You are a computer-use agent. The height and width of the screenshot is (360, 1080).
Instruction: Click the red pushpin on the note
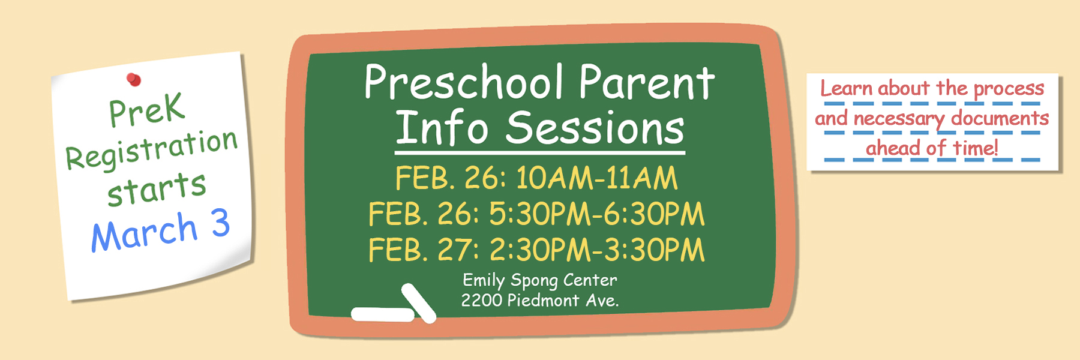(134, 79)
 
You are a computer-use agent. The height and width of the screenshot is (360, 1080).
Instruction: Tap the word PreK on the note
(146, 110)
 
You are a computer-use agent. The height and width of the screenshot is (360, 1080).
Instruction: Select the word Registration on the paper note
(151, 149)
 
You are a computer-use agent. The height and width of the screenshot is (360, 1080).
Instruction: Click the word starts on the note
(157, 188)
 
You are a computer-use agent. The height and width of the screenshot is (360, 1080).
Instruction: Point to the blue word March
(144, 233)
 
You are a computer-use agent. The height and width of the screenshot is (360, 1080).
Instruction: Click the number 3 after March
(221, 223)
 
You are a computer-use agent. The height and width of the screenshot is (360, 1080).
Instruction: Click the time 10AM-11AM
(596, 178)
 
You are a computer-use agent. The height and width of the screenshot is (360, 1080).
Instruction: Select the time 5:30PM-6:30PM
(596, 214)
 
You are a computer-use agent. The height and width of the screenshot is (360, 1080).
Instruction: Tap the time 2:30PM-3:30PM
(596, 250)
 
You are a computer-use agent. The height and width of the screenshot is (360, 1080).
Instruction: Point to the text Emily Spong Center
(539, 280)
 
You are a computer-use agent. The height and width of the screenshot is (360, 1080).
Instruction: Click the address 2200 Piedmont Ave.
(539, 300)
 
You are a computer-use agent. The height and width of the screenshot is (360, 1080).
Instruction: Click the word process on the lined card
(1009, 89)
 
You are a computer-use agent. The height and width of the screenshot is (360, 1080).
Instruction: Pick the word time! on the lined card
(974, 148)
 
